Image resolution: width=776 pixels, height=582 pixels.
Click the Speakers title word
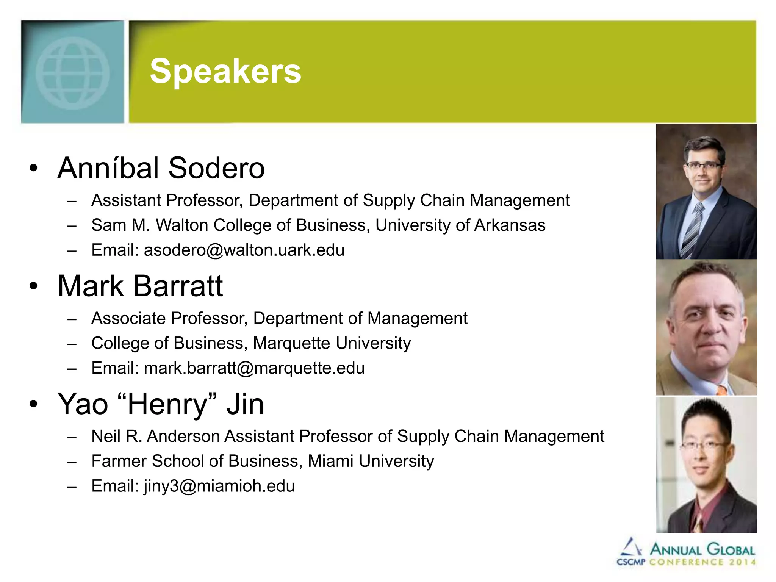tap(225, 71)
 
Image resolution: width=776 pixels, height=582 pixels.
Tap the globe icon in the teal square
tap(72, 73)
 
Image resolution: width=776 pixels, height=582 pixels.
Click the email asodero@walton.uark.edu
tap(244, 250)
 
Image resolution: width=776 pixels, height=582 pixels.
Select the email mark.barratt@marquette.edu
tap(254, 368)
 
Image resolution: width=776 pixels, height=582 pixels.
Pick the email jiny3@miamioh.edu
tap(219, 486)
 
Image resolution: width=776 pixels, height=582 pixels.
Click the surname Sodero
tap(216, 168)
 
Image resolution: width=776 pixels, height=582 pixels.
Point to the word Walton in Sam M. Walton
tap(182, 225)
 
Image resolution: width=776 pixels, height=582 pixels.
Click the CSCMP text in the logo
tap(630, 562)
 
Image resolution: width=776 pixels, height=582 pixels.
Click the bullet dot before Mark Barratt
tap(34, 286)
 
